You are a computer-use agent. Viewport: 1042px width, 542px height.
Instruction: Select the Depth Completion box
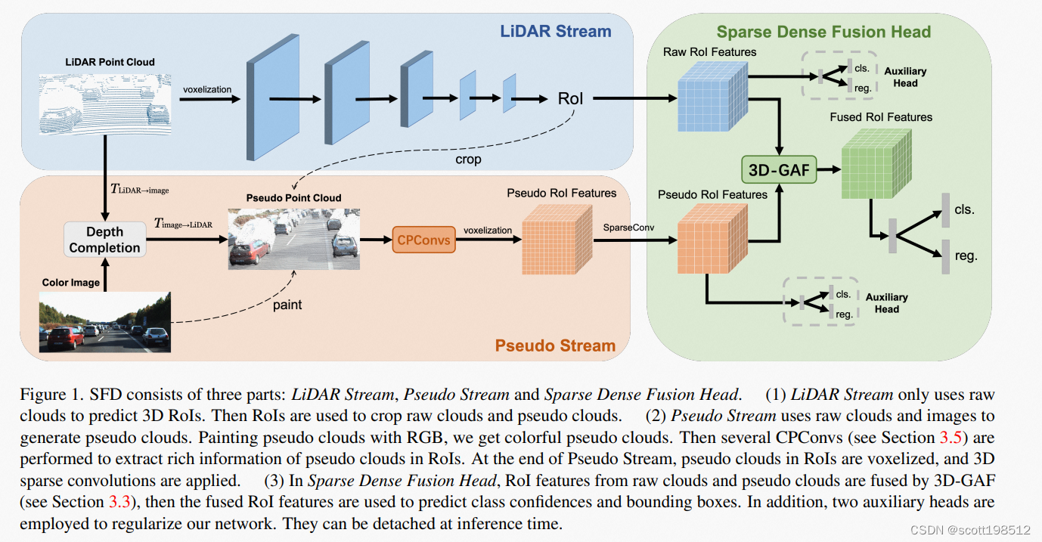click(x=104, y=240)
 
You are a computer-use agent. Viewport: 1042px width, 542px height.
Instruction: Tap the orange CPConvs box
click(x=423, y=240)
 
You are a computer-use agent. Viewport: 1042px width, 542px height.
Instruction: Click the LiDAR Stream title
click(x=555, y=31)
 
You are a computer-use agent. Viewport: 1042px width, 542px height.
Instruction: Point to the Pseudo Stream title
click(x=555, y=345)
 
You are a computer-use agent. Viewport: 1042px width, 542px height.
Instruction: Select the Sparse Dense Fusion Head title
click(x=823, y=32)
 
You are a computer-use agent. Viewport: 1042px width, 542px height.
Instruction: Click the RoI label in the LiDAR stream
click(x=571, y=98)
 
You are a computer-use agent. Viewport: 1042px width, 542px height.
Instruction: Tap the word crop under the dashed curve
click(x=468, y=160)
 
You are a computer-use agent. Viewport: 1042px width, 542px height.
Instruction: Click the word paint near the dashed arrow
click(x=287, y=305)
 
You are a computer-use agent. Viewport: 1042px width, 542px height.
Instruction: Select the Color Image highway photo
click(x=105, y=324)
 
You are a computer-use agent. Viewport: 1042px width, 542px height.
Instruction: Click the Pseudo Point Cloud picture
click(x=293, y=238)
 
